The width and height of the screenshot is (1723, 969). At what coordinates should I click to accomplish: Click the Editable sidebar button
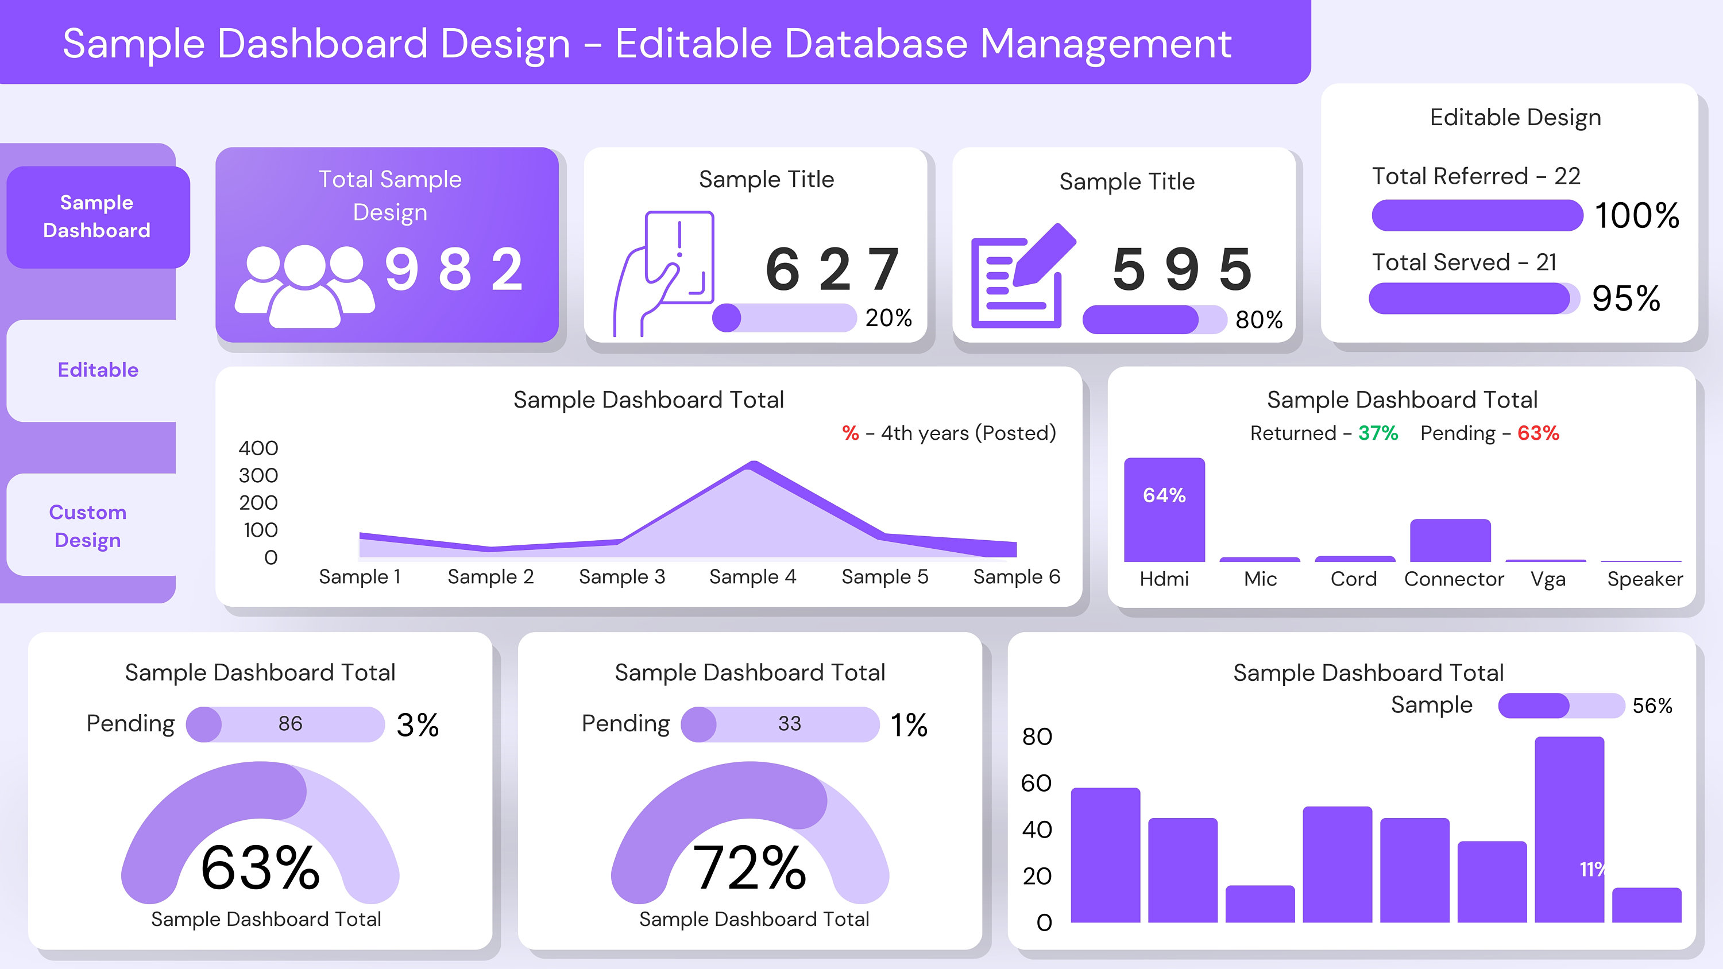click(98, 370)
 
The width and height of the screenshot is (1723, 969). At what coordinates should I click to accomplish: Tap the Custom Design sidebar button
click(88, 526)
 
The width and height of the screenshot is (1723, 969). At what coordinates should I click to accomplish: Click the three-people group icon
click(304, 286)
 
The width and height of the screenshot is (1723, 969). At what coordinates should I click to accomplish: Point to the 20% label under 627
click(888, 317)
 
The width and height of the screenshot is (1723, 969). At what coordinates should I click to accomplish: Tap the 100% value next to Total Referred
click(1636, 215)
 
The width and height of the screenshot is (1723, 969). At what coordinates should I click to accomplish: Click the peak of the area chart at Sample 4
click(753, 464)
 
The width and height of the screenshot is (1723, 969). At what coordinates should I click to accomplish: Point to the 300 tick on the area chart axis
click(258, 475)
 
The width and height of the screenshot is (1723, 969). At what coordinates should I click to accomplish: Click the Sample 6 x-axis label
click(1016, 576)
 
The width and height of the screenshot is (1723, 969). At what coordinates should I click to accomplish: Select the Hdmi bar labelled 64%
click(1164, 510)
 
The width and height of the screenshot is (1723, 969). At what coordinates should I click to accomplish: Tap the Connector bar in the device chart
click(1450, 540)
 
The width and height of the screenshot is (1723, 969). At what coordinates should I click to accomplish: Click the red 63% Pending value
click(1537, 433)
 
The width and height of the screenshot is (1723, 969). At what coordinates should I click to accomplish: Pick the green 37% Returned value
click(1378, 433)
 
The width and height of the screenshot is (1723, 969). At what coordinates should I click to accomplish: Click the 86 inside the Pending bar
click(290, 723)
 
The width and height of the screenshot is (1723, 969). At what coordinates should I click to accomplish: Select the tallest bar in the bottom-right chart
click(1569, 830)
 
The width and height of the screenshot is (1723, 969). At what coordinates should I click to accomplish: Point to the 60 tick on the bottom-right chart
click(1036, 783)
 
